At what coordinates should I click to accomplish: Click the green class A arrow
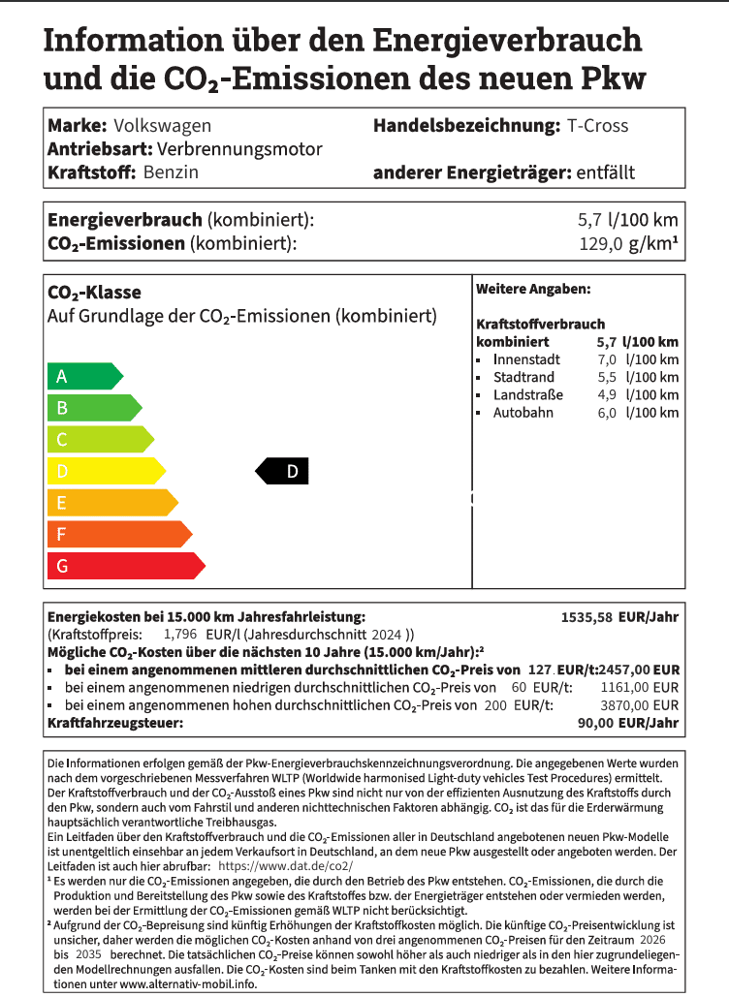point(83,377)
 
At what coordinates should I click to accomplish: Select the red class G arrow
point(124,566)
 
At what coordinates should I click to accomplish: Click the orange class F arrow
point(117,534)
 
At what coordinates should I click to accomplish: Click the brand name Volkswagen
point(162,126)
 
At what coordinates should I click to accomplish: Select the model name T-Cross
point(597,126)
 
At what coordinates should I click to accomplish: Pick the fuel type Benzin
point(171,172)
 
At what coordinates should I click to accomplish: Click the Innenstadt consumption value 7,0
point(607,359)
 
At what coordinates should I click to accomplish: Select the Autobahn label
point(523,413)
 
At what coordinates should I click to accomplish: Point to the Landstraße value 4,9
point(607,395)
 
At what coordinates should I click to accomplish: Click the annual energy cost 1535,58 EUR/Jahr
point(620,616)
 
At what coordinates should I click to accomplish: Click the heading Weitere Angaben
point(533,290)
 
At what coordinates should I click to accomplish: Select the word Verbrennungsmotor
point(239,149)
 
